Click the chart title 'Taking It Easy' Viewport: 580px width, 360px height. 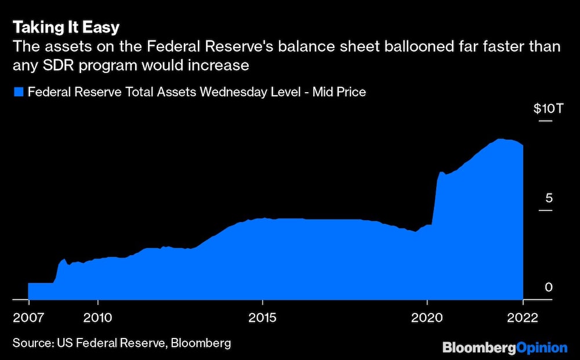tap(66, 27)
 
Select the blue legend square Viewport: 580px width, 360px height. tap(19, 92)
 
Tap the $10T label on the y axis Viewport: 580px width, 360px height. tap(549, 108)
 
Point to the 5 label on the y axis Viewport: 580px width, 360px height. tap(549, 198)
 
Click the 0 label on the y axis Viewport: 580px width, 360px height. tap(549, 287)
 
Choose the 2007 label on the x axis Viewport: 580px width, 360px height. tap(28, 318)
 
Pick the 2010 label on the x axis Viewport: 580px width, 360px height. tap(97, 318)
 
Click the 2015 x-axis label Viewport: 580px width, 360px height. tap(262, 318)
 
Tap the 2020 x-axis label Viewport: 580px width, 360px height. tap(427, 318)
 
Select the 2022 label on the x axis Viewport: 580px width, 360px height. tap(523, 318)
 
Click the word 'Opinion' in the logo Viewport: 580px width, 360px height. tap(542, 348)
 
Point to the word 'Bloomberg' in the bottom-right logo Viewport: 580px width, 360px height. tap(479, 348)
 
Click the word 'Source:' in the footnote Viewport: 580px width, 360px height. tap(33, 343)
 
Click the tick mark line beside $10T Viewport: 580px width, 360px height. tap(545, 121)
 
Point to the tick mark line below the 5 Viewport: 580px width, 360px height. tap(545, 210)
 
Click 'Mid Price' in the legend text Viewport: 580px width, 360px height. tap(339, 92)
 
